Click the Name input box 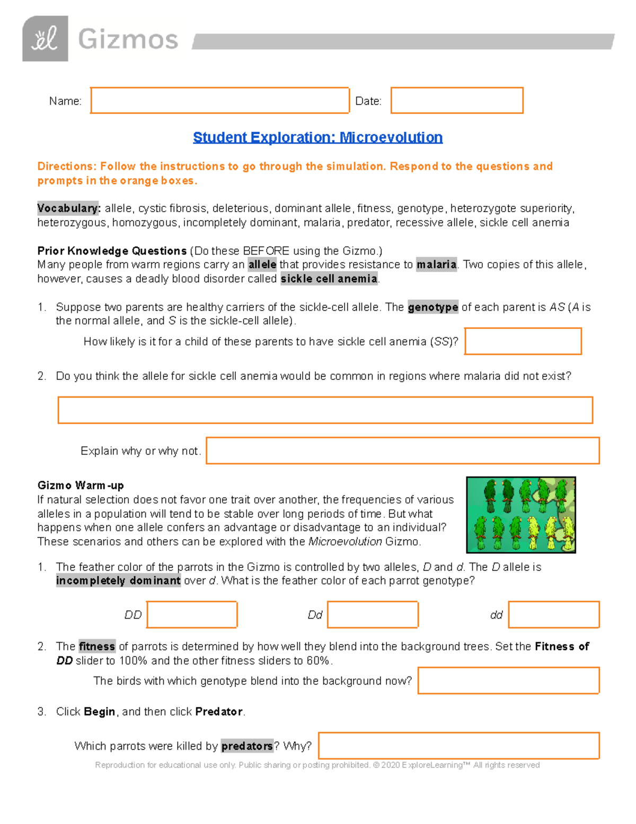[219, 100]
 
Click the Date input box [457, 100]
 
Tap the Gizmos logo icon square [45, 39]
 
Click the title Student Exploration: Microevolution [317, 137]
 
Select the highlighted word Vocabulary [68, 208]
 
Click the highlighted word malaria [436, 264]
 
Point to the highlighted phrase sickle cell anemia [329, 279]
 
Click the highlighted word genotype [432, 307]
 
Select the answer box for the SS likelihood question [523, 341]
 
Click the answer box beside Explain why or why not [402, 450]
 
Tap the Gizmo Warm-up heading [81, 485]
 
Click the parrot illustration [520, 515]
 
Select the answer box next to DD [192, 614]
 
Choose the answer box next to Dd [373, 614]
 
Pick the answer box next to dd [553, 614]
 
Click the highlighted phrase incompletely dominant [118, 580]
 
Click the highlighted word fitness [96, 646]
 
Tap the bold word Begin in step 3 [99, 712]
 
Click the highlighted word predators [247, 746]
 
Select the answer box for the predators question [458, 745]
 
